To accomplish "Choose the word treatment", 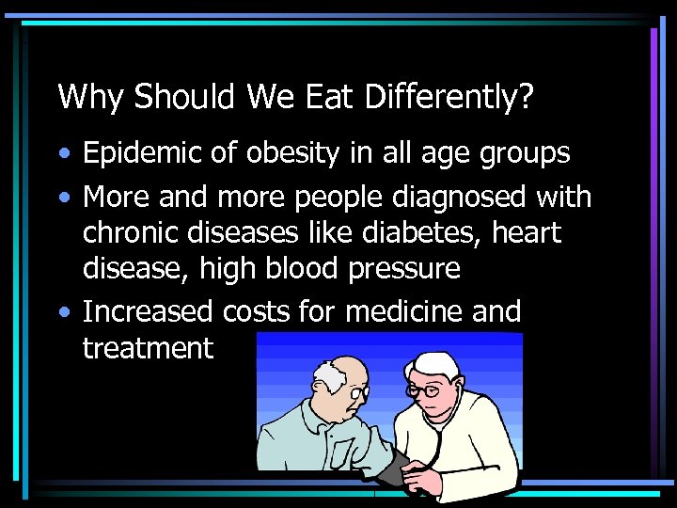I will [149, 349].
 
